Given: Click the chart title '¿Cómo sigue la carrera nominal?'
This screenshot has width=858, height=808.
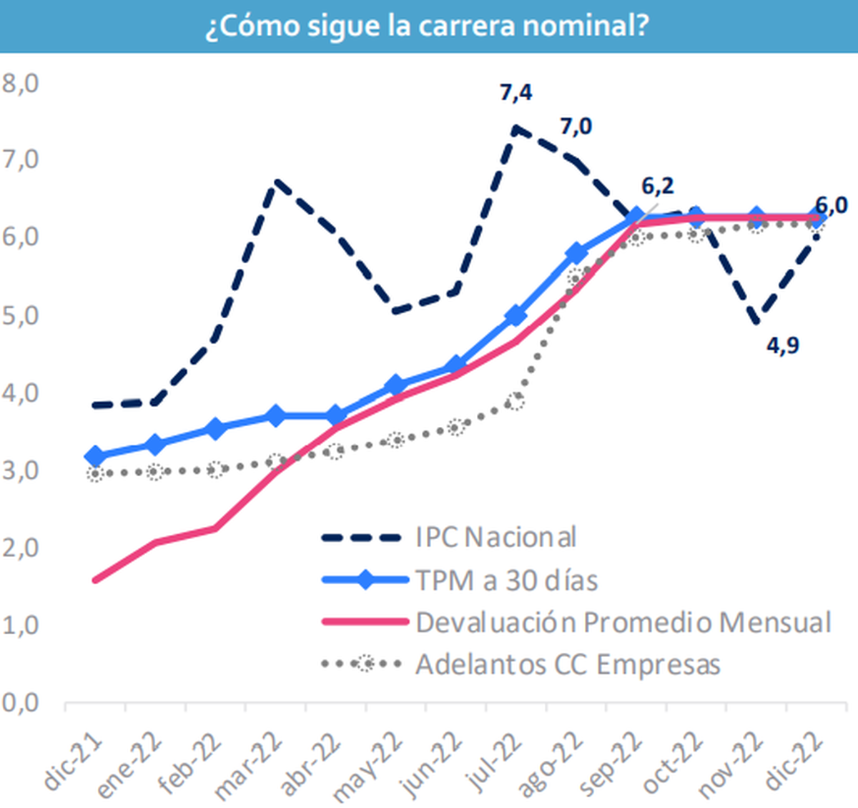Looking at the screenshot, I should [x=428, y=26].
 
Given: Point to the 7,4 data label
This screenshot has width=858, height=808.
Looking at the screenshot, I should [x=516, y=93].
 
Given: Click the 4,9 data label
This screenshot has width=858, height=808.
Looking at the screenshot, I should [x=783, y=346].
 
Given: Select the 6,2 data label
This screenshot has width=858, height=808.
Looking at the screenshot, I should [x=657, y=187].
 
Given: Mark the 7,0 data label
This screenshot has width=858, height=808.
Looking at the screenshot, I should [x=576, y=127].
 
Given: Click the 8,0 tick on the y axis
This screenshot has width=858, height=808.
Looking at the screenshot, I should [x=20, y=83].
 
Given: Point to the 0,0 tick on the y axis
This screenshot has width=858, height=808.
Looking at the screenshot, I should [x=20, y=703].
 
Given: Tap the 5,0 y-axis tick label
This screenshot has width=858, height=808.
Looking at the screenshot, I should [x=20, y=315].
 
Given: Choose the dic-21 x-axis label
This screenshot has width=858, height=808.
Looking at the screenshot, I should [x=74, y=764].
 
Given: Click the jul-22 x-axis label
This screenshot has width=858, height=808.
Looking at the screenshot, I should [x=494, y=764].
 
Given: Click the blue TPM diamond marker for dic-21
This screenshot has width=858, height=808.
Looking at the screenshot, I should [x=95, y=455].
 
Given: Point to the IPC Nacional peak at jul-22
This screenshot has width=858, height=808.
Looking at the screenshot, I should [x=516, y=129].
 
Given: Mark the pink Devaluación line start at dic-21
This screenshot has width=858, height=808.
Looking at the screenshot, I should [x=95, y=580].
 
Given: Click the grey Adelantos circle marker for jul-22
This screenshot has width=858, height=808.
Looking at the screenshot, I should [x=515, y=401].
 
